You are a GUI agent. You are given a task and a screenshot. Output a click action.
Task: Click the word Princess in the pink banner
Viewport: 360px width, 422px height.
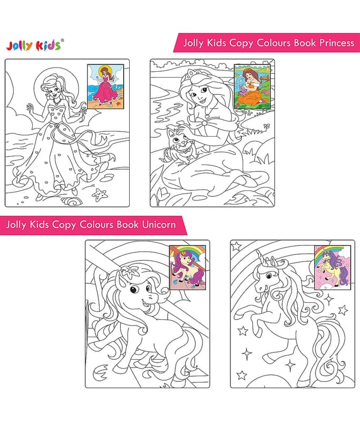click(x=337, y=43)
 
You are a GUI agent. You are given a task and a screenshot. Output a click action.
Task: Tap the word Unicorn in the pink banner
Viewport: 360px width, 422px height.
click(x=159, y=224)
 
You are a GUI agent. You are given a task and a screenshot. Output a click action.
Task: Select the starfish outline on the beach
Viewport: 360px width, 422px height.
click(x=100, y=195)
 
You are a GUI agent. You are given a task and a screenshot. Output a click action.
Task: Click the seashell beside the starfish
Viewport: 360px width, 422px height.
click(x=72, y=201)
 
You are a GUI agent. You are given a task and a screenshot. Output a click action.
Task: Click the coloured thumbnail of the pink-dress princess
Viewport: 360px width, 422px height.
click(x=105, y=87)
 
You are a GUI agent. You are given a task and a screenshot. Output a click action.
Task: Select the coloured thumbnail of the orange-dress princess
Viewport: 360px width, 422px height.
click(x=252, y=87)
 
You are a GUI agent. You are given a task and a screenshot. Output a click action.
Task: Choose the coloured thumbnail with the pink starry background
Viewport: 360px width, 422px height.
click(x=333, y=267)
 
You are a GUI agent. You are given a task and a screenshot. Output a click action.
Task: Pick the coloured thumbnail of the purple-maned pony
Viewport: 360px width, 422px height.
click(x=188, y=267)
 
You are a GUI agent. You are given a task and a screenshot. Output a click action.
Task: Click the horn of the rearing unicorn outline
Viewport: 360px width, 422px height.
click(x=260, y=256)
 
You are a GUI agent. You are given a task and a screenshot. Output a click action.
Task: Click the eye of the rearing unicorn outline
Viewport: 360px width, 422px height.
click(x=268, y=275)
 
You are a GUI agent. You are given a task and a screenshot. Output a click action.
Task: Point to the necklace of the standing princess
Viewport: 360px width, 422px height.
click(x=57, y=101)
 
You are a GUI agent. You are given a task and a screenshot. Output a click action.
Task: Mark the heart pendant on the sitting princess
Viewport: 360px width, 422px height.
click(x=207, y=116)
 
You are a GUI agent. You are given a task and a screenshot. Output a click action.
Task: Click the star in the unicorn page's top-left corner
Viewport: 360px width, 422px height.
click(x=236, y=246)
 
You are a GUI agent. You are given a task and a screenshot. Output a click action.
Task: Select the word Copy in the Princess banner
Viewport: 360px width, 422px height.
click(x=241, y=43)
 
